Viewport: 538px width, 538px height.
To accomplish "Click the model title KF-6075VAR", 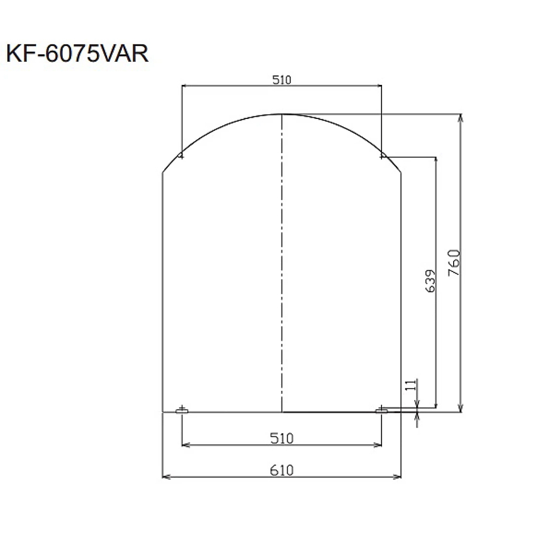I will tap(77, 55).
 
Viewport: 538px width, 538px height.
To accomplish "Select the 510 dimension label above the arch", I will tap(281, 80).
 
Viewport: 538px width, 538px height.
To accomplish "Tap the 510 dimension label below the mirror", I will tap(281, 438).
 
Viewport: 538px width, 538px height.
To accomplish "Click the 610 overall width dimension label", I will tap(281, 470).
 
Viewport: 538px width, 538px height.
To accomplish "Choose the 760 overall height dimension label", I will tap(454, 262).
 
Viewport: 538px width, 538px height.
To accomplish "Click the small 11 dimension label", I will tap(410, 386).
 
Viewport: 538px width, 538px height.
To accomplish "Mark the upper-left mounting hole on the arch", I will tap(182, 157).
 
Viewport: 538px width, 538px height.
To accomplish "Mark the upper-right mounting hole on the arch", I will tap(381, 157).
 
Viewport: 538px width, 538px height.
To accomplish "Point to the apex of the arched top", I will tap(282, 114).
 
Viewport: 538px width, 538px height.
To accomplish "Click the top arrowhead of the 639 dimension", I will tap(436, 160).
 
